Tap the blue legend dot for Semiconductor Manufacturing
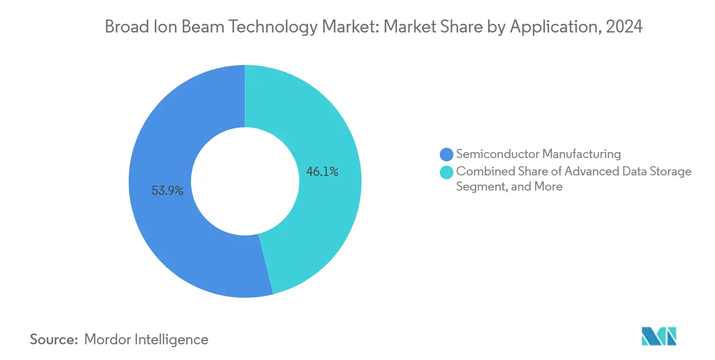click(446, 154)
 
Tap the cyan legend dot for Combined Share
click(446, 172)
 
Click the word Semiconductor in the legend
click(497, 154)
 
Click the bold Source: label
click(54, 339)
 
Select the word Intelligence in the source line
click(174, 339)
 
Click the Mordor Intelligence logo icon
click(659, 336)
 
